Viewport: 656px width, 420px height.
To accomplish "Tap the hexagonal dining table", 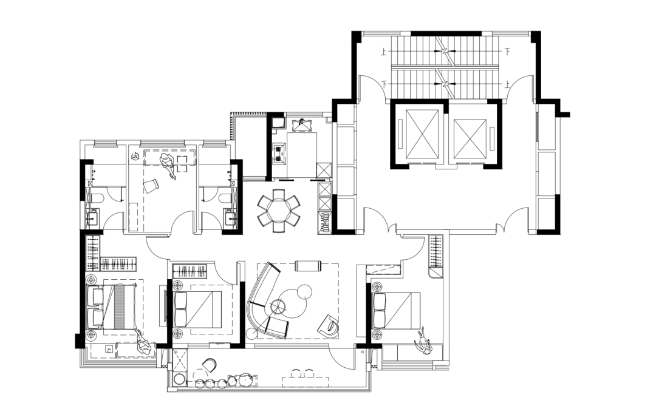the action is click(278, 211).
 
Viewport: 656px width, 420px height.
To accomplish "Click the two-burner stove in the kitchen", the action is click(279, 153).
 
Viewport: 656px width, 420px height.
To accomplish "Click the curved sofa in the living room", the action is click(266, 299).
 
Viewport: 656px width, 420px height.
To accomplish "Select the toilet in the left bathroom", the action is click(94, 198).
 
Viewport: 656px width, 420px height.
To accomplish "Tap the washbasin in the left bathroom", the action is click(93, 217).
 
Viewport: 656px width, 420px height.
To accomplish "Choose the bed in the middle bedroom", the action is click(197, 310).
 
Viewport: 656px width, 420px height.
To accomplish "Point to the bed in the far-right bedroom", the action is click(396, 311).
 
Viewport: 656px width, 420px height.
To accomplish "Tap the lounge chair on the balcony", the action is click(209, 365).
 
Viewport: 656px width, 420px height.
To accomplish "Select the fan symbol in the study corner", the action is click(135, 157).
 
